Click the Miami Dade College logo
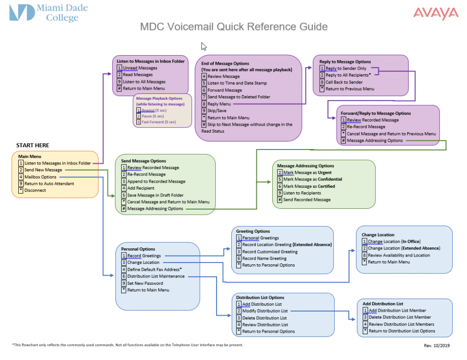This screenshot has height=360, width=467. (x=48, y=13)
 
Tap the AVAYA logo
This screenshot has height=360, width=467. (x=436, y=13)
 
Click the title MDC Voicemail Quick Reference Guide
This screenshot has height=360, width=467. (x=233, y=27)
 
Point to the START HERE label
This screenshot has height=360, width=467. (x=33, y=145)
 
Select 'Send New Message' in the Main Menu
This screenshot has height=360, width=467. (x=43, y=170)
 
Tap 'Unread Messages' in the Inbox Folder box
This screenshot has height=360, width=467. (x=140, y=68)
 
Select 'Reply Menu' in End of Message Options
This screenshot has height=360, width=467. (x=220, y=104)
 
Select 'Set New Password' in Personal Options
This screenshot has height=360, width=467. (x=145, y=283)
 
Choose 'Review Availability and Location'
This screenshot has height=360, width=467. (x=399, y=255)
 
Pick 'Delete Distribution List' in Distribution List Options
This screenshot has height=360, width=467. (x=264, y=318)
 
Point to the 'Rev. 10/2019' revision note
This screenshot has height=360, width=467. (x=436, y=346)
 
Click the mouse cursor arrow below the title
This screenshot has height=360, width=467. (x=204, y=46)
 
